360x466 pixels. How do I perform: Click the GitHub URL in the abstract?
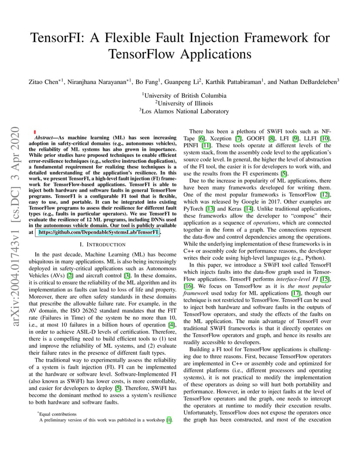point(98,233)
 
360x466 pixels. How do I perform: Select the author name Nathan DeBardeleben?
point(307,81)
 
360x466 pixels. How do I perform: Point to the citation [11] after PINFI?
point(206,145)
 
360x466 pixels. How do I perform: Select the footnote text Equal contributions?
point(58,414)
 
